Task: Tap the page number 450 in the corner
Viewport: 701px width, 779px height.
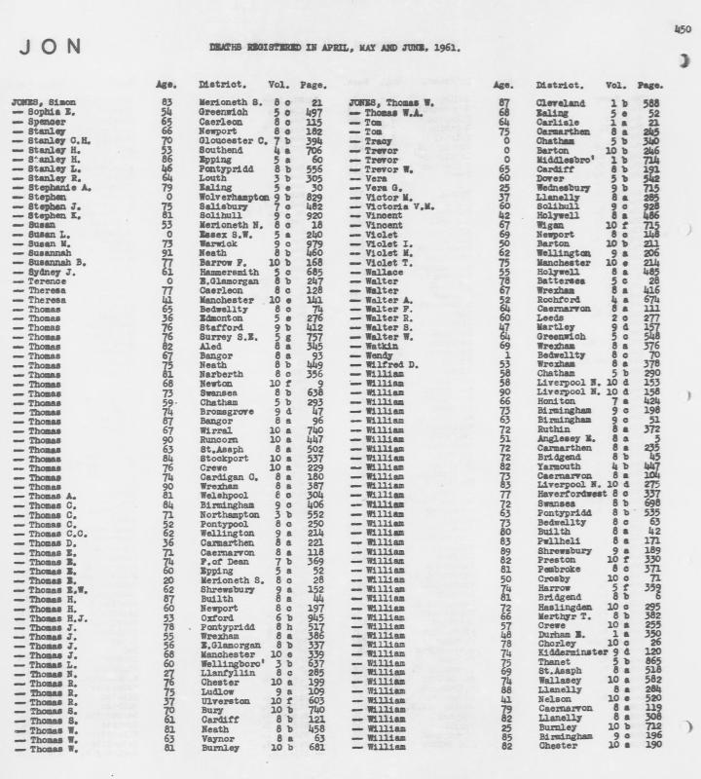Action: [682, 31]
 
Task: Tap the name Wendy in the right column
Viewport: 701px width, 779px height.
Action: [380, 355]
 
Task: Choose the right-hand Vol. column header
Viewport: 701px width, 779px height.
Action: [614, 85]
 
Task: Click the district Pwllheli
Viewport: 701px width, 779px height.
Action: [555, 540]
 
